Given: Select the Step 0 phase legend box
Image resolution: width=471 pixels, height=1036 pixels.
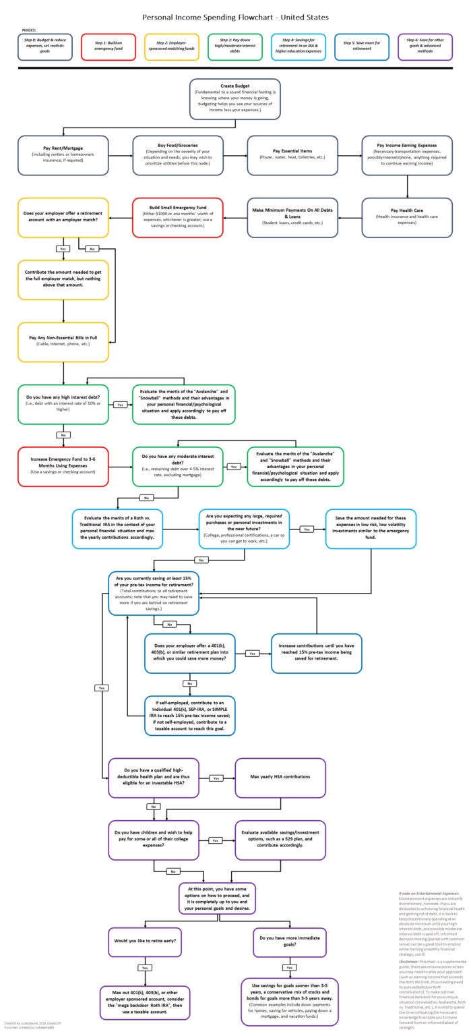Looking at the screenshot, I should point(45,47).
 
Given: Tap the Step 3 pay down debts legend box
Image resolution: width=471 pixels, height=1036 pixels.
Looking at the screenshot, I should point(235,47).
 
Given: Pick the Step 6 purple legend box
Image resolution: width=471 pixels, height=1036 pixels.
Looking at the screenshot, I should point(425,47).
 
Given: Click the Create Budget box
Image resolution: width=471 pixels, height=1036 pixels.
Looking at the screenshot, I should point(235,98).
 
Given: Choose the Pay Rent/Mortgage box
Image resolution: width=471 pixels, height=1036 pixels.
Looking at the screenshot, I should point(63,155).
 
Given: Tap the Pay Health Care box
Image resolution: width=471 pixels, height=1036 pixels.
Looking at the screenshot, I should point(406,217).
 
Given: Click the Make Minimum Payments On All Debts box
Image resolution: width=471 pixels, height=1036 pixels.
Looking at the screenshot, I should point(292,217).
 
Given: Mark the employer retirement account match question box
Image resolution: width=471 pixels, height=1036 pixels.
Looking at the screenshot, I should point(63,217).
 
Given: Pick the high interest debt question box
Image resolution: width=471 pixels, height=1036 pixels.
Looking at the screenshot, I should point(63,404).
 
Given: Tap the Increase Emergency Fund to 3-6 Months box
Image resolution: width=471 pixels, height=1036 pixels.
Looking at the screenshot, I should point(63,466).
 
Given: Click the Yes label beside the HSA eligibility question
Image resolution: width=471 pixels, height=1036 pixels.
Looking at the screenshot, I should point(216,778).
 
